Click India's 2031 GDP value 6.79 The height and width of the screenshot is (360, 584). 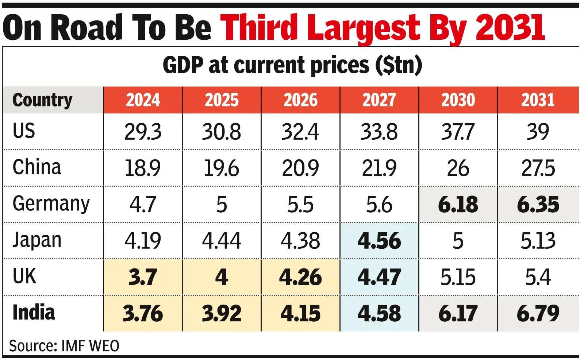(538, 314)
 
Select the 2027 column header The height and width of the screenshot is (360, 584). (379, 100)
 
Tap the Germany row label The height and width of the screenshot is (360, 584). (51, 204)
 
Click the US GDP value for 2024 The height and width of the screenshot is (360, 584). (143, 132)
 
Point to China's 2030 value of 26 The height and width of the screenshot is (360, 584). (458, 168)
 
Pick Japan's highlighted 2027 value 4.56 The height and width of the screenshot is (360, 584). (379, 241)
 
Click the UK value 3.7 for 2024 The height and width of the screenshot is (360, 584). (143, 278)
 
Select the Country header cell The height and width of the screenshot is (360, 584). (42, 100)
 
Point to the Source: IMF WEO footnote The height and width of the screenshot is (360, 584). (64, 346)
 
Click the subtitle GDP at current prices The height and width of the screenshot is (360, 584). (292, 65)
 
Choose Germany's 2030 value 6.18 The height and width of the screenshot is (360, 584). (458, 205)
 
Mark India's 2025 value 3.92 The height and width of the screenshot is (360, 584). (222, 314)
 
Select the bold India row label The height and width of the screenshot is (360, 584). (34, 313)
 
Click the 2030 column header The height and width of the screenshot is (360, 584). (458, 100)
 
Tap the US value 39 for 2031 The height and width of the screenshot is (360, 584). (538, 132)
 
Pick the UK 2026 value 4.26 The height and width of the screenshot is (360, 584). (300, 278)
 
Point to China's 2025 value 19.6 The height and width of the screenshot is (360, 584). (222, 168)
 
